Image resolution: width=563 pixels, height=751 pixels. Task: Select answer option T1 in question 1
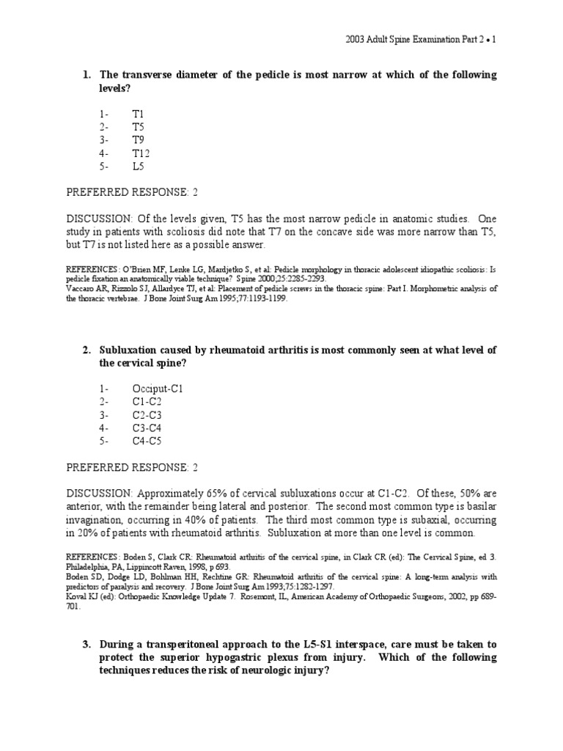click(139, 114)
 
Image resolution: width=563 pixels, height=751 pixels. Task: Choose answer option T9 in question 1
click(139, 140)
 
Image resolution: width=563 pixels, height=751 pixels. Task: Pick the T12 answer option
click(141, 153)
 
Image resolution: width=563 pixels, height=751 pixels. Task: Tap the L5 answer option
click(139, 166)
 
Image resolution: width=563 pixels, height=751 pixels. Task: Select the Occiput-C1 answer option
click(157, 389)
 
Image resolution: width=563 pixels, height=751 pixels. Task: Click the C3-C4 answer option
click(147, 428)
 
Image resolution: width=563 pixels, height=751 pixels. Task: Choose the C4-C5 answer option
click(147, 441)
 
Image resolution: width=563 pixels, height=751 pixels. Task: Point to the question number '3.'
click(87, 644)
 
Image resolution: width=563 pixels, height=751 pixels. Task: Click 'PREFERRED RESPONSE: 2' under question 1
click(133, 192)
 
